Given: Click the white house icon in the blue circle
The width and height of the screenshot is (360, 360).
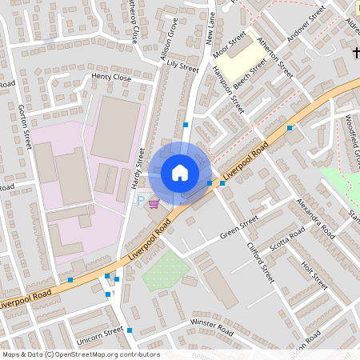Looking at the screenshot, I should coord(180,173).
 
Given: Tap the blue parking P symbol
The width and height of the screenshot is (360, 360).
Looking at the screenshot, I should coord(141,202).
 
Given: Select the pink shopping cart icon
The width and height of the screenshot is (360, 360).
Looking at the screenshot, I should coord(153,204).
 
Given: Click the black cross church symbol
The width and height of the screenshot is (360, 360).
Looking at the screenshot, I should coord(354,53).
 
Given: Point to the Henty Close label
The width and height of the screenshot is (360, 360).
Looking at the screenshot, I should coord(111,77).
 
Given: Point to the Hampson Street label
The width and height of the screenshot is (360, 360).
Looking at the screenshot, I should coord(227,89).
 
